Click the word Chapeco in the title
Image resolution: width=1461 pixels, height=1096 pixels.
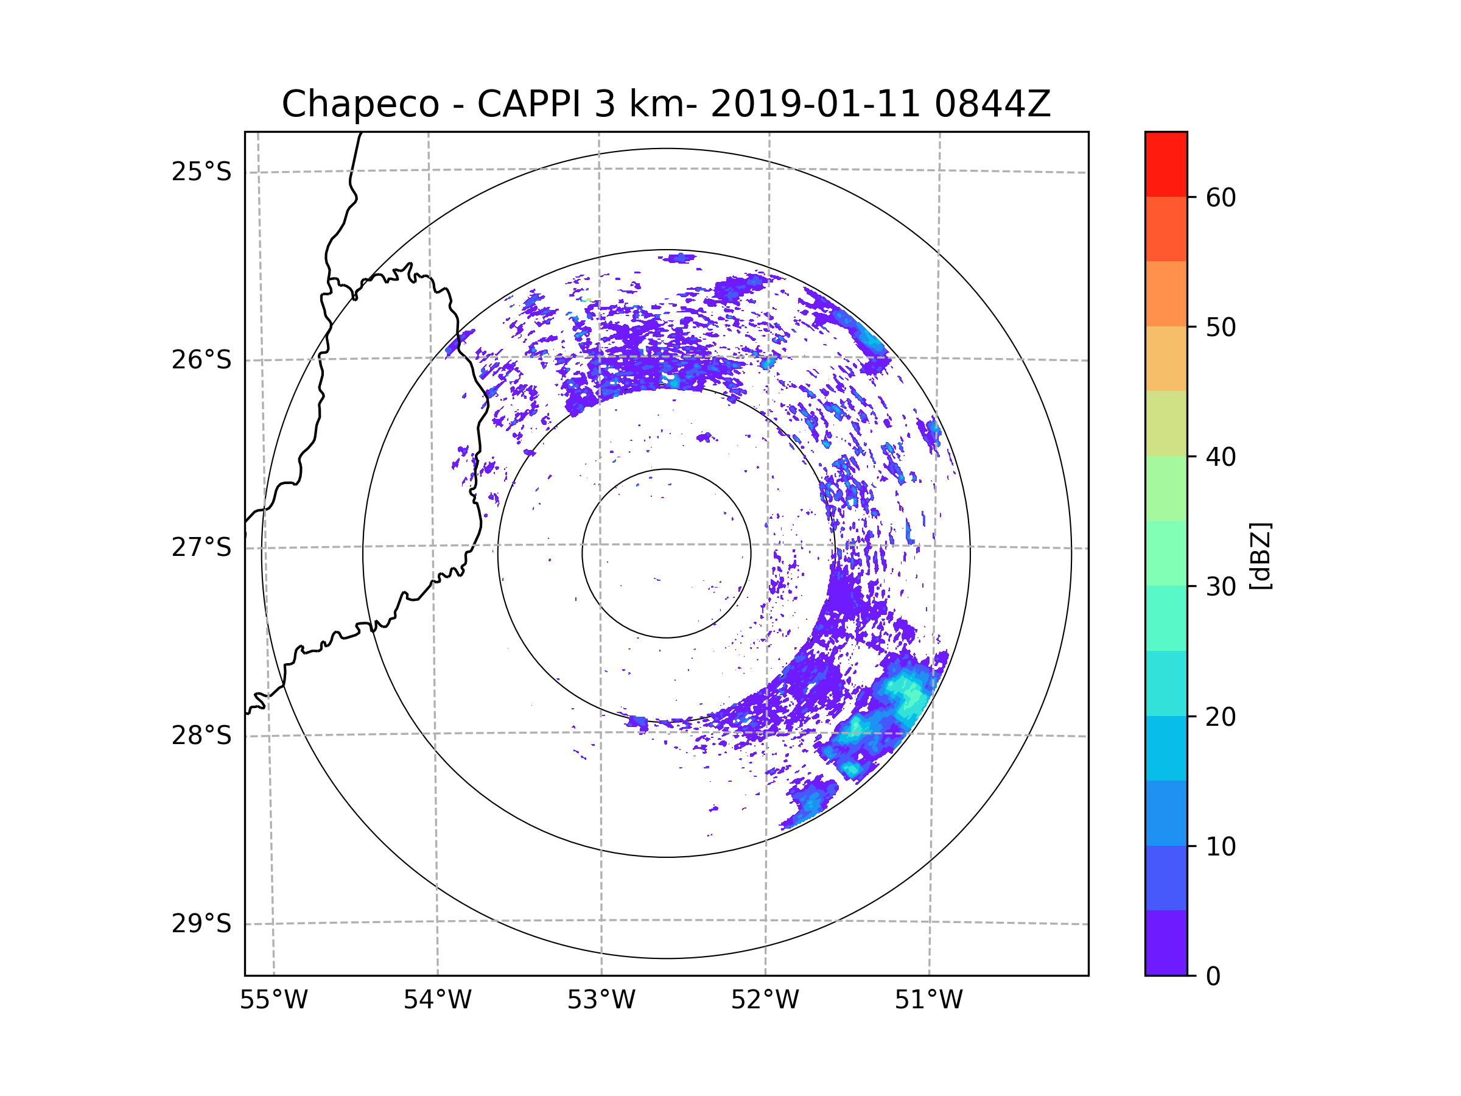tap(360, 104)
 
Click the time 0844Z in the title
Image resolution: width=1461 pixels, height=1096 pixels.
tap(992, 104)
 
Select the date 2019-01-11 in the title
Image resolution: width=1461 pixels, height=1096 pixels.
tap(815, 104)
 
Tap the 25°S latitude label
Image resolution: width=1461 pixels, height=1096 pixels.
tap(201, 172)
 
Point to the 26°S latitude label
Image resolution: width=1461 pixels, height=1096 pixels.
tap(201, 360)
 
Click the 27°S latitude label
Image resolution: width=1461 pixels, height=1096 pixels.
tap(201, 547)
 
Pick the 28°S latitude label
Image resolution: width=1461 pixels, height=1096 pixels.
tap(201, 736)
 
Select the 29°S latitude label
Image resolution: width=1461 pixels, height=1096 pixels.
tap(201, 924)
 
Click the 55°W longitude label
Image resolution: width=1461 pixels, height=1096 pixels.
tap(273, 1000)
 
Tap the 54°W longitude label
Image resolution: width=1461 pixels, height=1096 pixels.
tap(437, 1000)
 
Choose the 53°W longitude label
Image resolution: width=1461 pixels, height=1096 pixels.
tap(601, 1000)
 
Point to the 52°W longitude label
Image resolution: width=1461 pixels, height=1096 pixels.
tap(765, 1000)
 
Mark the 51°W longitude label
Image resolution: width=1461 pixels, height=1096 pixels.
tap(928, 1000)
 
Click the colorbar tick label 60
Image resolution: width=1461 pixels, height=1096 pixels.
tap(1221, 197)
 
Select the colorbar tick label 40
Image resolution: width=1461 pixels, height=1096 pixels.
tap(1221, 457)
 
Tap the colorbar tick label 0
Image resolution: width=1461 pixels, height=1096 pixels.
tap(1213, 976)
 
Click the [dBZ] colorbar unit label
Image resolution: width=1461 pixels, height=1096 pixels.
tap(1260, 555)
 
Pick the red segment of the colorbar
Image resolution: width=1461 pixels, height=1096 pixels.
tap(1166, 164)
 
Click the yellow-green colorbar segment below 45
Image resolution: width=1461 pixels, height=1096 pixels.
tap(1166, 423)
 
